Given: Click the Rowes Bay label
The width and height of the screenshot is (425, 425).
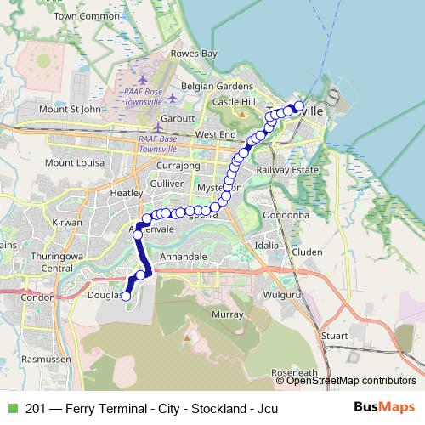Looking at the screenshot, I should (x=195, y=54).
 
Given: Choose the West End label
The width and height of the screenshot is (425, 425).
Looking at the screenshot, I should (x=216, y=135).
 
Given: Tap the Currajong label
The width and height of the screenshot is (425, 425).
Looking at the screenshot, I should (x=178, y=165).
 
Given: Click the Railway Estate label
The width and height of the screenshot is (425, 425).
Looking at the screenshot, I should (x=293, y=170).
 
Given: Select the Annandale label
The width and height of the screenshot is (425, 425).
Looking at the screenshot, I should (x=184, y=256).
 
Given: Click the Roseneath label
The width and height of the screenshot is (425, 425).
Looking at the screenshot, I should (x=293, y=372).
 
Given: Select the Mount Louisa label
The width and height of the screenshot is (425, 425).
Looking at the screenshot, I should (x=73, y=162).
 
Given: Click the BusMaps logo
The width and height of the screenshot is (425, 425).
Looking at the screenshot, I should (x=384, y=407).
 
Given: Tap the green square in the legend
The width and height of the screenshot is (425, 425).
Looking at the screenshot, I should (x=11, y=408).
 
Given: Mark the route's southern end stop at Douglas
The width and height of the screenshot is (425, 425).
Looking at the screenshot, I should (x=126, y=297).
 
